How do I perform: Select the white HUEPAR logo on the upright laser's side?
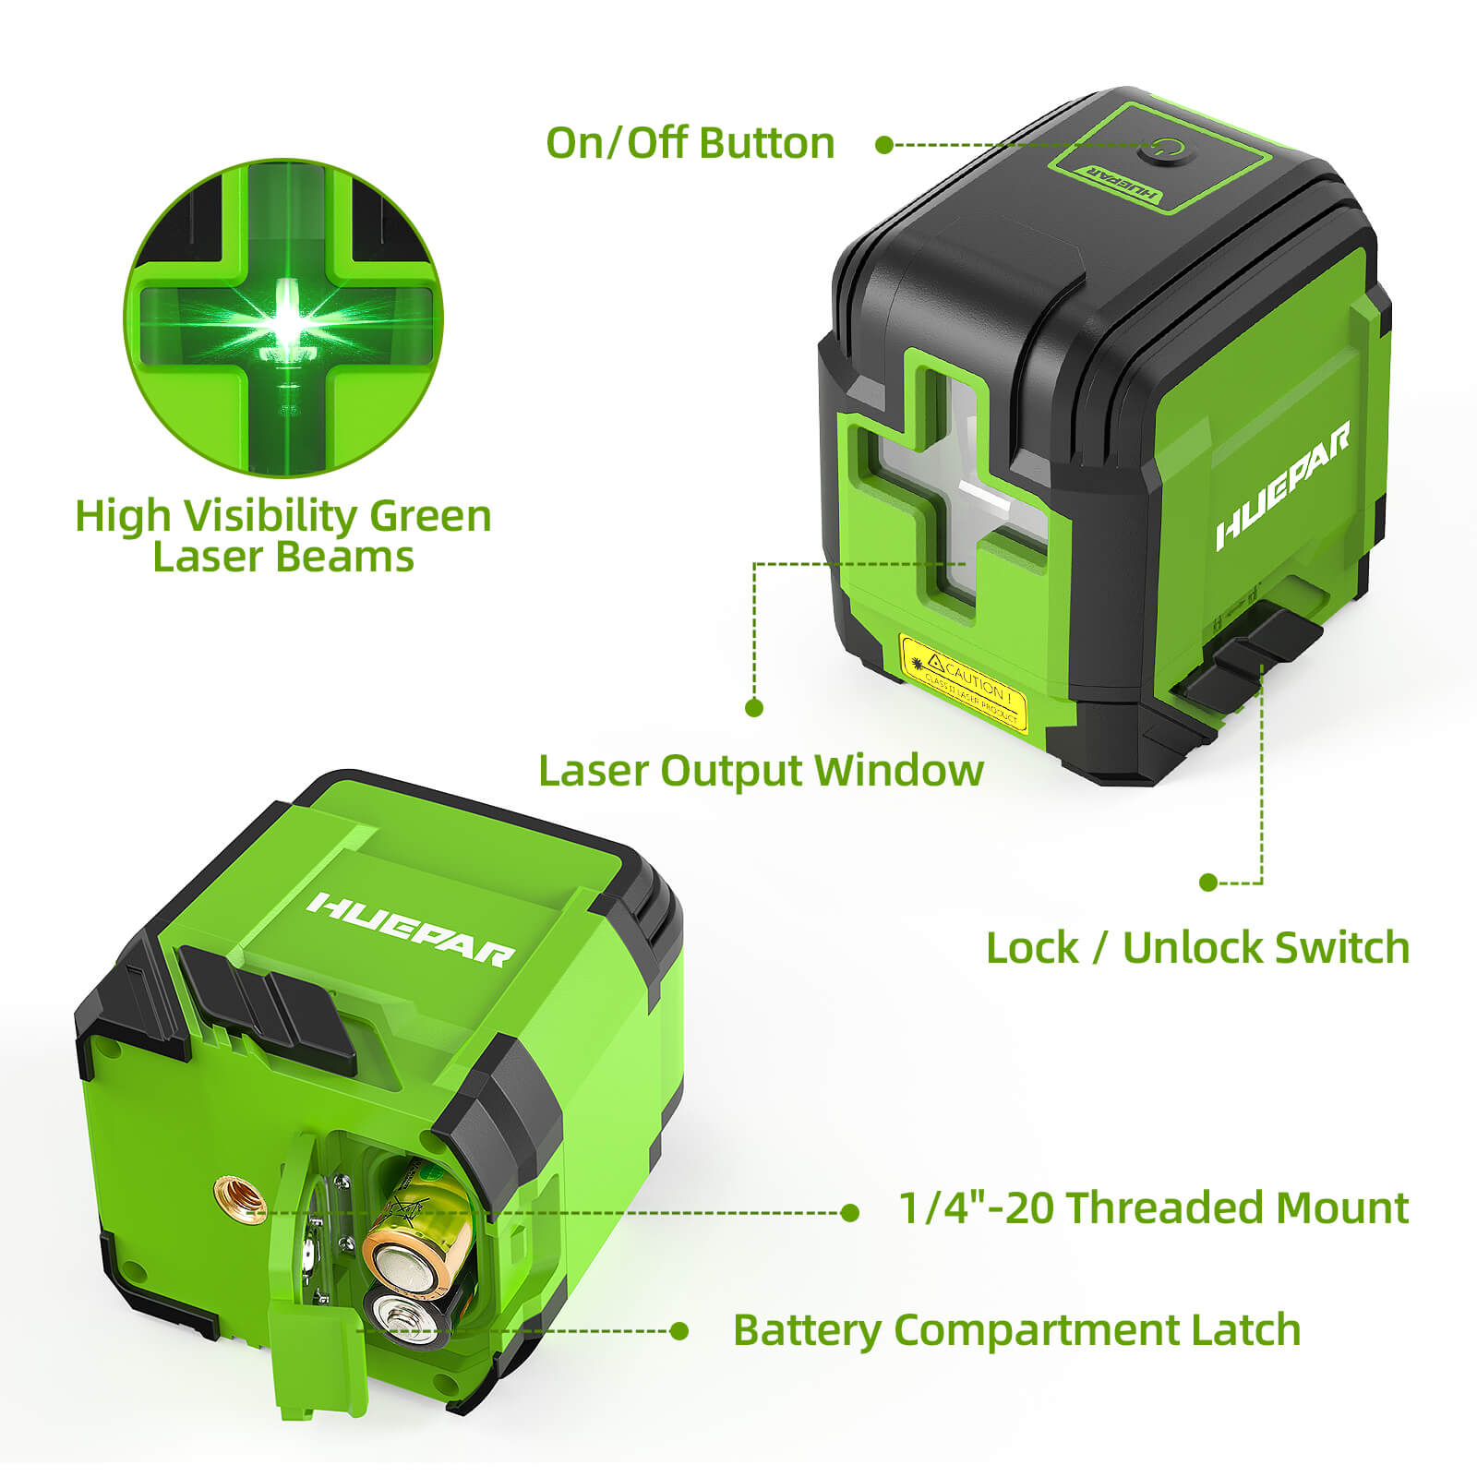(x=1283, y=486)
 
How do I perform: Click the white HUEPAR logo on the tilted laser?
(x=412, y=929)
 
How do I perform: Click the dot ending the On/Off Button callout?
(x=883, y=145)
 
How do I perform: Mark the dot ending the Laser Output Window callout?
(x=754, y=708)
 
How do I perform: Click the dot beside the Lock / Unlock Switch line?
(x=1207, y=883)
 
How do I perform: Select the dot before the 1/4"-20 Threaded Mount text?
(x=850, y=1213)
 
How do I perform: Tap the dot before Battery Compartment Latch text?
(x=679, y=1330)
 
